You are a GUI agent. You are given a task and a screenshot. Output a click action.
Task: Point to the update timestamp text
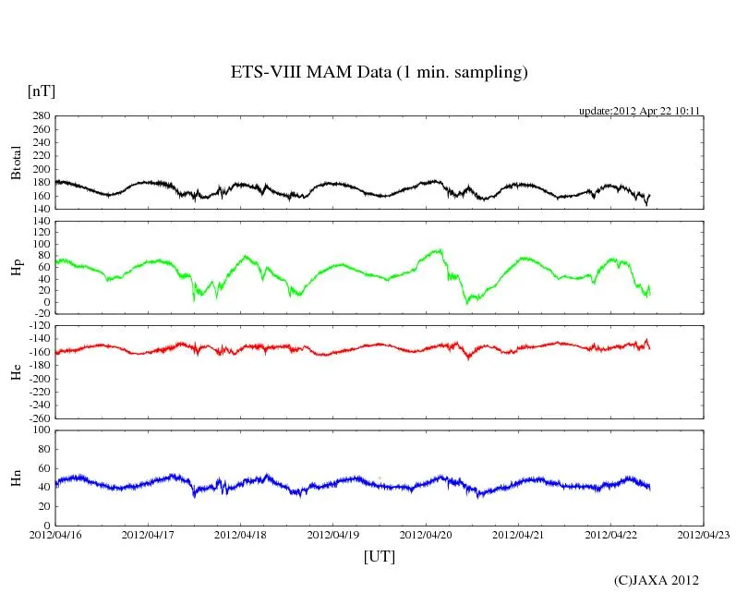639,111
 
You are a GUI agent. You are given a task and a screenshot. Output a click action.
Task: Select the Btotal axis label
16,163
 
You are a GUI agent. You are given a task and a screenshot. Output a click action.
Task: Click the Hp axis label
16,267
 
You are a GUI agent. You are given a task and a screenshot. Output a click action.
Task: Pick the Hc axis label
16,372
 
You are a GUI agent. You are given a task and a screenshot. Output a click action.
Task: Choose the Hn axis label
16,478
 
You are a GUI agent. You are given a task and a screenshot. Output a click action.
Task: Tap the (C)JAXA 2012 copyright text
656,580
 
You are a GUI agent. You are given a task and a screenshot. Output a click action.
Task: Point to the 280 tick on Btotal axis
41,116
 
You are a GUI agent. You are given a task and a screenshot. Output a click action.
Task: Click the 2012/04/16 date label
55,534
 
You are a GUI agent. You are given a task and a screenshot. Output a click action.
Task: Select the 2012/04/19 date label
333,534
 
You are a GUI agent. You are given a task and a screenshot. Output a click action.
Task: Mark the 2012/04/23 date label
704,534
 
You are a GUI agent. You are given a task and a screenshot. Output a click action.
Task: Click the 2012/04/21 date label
519,534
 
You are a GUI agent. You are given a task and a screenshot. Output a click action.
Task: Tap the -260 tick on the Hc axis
39,417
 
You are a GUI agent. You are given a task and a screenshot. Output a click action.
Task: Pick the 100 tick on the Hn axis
41,430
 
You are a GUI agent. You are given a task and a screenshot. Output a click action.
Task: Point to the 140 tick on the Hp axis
41,222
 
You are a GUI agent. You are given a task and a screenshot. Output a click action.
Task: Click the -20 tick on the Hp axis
41,314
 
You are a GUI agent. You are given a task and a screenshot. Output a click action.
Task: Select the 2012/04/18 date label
241,534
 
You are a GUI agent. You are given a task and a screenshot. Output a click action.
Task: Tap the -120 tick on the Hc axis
39,327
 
